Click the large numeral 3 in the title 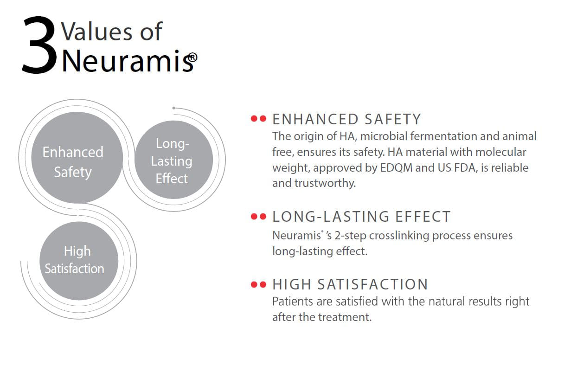pos(38,45)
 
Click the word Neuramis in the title pos(124,60)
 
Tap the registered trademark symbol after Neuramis pos(192,58)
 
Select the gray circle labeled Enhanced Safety pos(77,158)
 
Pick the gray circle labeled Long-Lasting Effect pos(174,160)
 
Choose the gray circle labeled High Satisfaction pos(79,261)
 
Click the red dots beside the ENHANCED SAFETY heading pos(258,118)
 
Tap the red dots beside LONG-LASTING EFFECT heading pos(258,216)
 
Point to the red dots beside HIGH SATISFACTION pos(258,284)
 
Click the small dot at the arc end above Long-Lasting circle pos(174,108)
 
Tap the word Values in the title pos(96,32)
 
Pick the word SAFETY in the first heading pos(393,119)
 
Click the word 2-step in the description pos(351,236)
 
